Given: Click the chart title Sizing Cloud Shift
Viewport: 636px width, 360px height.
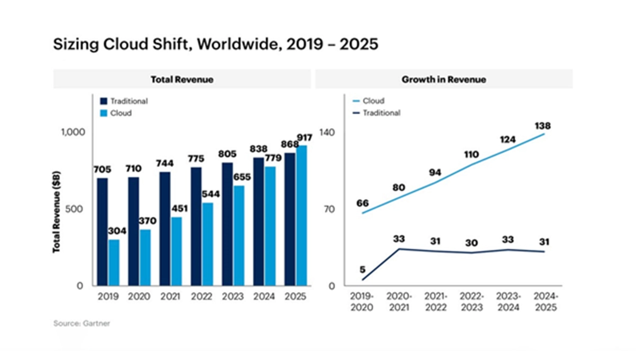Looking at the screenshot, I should (215, 44).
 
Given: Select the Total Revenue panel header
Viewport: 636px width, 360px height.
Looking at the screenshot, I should (182, 79).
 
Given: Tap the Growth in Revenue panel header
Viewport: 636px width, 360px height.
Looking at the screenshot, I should (444, 79).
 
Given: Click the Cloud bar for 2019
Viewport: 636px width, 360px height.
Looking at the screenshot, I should (114, 262).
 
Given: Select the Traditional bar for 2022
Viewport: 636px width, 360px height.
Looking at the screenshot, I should (196, 226).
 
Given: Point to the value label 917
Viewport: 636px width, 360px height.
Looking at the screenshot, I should (304, 138).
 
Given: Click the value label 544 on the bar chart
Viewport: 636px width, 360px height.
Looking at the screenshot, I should (211, 194).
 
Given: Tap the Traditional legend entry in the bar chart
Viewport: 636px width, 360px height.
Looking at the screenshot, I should (124, 101).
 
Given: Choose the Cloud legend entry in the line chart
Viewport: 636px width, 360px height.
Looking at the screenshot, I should (368, 101).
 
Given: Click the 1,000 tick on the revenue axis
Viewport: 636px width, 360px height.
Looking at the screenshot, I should (73, 132).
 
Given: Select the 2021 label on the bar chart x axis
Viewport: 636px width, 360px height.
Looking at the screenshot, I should (170, 296).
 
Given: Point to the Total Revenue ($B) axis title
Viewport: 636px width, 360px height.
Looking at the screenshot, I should (56, 212).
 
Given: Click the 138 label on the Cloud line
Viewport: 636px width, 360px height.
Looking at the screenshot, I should (542, 126).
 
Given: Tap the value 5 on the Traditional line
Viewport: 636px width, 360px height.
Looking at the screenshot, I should (362, 269).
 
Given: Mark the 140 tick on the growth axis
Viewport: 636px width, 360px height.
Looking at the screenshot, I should (326, 132).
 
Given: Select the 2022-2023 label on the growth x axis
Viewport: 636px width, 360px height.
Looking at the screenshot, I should (472, 301).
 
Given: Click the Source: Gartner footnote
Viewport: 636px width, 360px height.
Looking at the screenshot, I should (81, 324).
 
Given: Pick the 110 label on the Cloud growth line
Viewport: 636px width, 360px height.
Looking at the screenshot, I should (471, 154).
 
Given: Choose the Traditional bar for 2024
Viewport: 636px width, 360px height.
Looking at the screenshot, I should (258, 222).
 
